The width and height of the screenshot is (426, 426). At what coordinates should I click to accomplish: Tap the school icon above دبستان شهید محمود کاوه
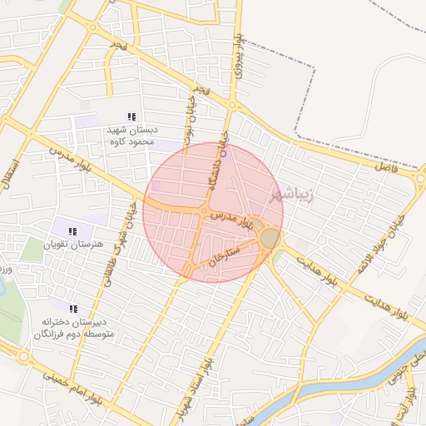coord(130,116)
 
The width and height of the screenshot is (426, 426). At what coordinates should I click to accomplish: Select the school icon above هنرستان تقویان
coord(72,230)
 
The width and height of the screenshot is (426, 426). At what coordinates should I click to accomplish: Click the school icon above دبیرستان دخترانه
coord(73,308)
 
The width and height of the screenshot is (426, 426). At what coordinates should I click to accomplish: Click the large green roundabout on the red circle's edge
coord(270,239)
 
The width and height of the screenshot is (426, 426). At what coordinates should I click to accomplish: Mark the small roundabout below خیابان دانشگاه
coord(205,211)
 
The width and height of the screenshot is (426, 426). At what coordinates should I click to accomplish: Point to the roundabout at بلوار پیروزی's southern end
coord(233,106)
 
